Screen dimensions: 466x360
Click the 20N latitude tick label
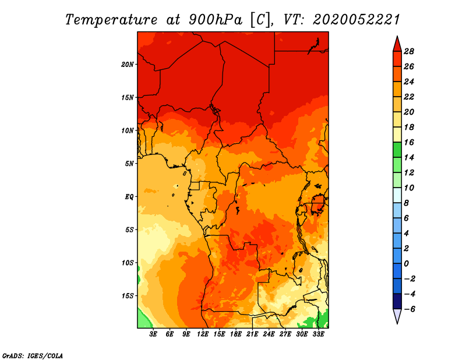127,65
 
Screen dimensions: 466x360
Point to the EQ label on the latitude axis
129,197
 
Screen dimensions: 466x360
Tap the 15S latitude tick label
127,296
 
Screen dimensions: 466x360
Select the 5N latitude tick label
129,164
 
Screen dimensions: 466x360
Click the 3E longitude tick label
153,334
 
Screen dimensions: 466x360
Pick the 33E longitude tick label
318,334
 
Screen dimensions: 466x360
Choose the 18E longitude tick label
236,334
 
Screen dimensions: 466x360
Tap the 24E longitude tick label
269,334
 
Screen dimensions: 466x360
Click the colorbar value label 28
409,51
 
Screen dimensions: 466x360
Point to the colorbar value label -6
409,309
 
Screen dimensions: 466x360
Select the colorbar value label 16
409,142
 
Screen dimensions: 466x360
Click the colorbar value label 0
406,264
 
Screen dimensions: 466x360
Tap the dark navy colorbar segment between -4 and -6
397,301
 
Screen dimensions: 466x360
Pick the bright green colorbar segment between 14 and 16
397,150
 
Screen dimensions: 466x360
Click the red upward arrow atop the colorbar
397,44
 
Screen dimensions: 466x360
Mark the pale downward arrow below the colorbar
397,316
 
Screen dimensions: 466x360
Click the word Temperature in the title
111,20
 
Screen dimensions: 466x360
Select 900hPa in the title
215,20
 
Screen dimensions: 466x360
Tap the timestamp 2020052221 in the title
356,20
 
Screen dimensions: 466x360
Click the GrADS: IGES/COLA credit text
33,356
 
